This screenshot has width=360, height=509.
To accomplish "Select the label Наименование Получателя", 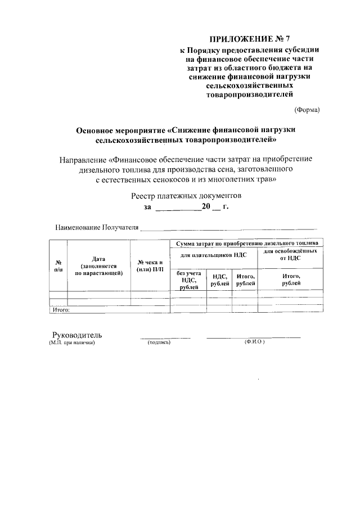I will click(96, 228).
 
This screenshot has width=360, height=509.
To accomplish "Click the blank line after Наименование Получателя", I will click(228, 229).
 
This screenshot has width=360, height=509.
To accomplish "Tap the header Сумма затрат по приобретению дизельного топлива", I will click(247, 243).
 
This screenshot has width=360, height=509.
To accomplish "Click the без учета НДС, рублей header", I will click(188, 280).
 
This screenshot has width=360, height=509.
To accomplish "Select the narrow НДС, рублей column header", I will click(220, 280).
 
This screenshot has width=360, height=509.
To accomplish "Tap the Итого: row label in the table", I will click(60, 309).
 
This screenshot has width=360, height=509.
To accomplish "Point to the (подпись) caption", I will click(159, 342).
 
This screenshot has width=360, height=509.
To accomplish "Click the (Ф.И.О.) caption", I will click(254, 342).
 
